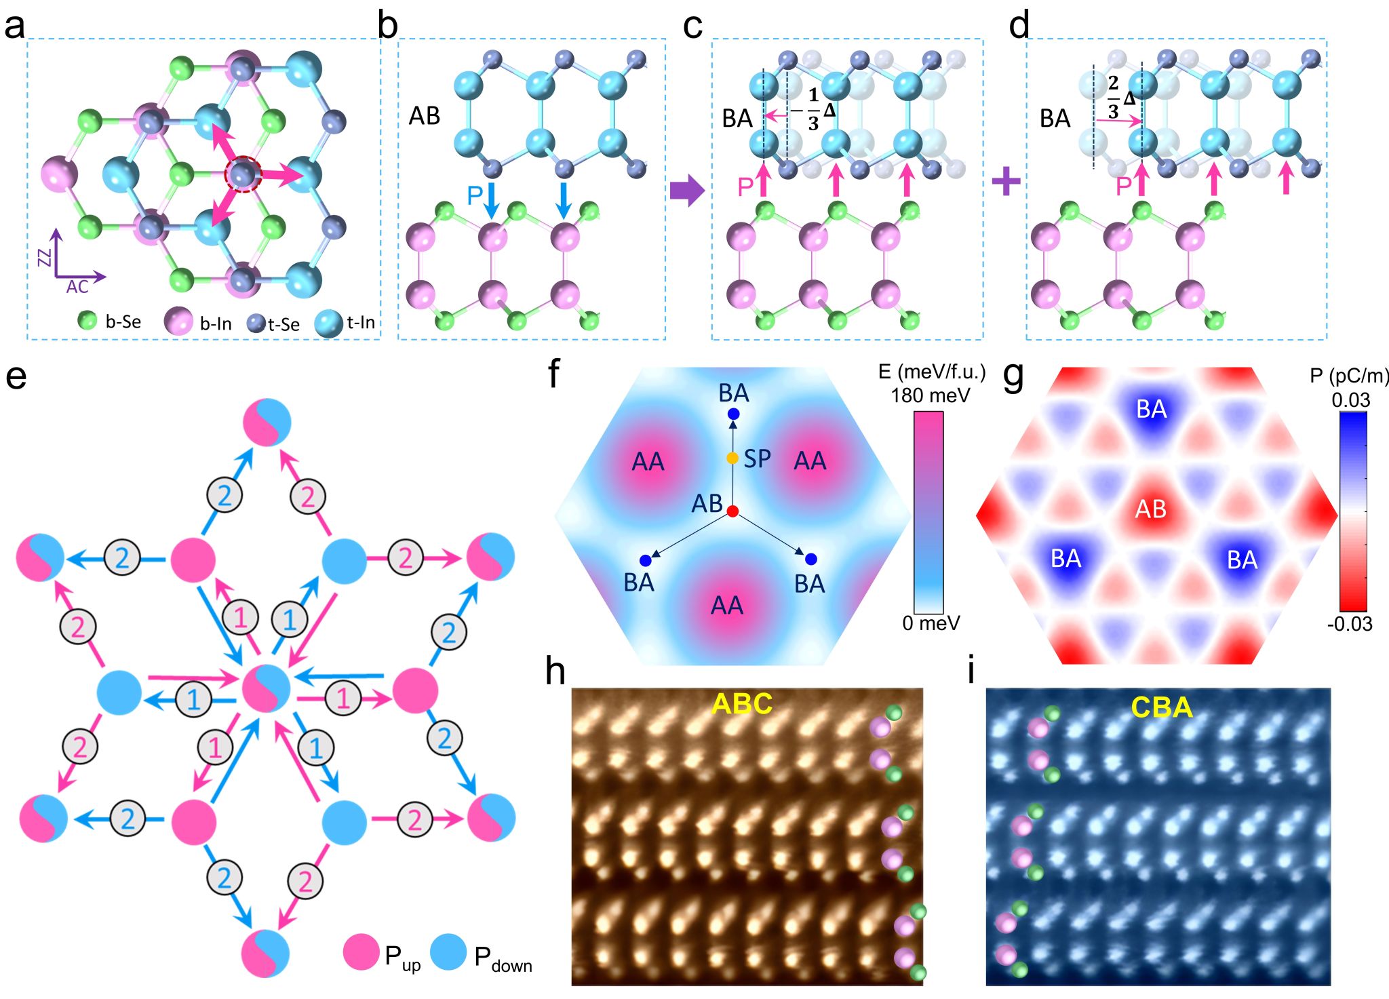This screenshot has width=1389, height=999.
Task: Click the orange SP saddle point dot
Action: (x=732, y=458)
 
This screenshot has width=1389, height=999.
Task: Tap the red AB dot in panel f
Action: (x=732, y=511)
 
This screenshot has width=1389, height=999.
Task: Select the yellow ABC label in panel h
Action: (x=742, y=705)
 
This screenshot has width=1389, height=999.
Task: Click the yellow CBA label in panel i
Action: (x=1162, y=707)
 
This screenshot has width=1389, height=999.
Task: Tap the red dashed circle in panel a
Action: (x=243, y=174)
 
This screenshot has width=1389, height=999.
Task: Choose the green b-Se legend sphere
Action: (x=87, y=320)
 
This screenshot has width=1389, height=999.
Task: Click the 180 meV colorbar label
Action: (x=931, y=395)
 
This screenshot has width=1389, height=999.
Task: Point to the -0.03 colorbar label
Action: (x=1350, y=623)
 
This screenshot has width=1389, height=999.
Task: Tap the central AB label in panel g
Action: (x=1151, y=509)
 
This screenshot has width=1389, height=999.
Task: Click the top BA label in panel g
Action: (x=1152, y=409)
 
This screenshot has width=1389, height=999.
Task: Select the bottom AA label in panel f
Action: (x=726, y=605)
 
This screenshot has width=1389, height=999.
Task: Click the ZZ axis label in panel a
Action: (x=45, y=257)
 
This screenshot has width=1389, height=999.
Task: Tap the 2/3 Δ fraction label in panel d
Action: (x=1120, y=98)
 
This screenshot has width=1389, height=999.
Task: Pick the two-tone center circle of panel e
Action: (x=267, y=688)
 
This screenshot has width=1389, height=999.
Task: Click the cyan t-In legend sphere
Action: (x=329, y=324)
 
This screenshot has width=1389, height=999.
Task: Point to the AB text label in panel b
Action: (x=425, y=116)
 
